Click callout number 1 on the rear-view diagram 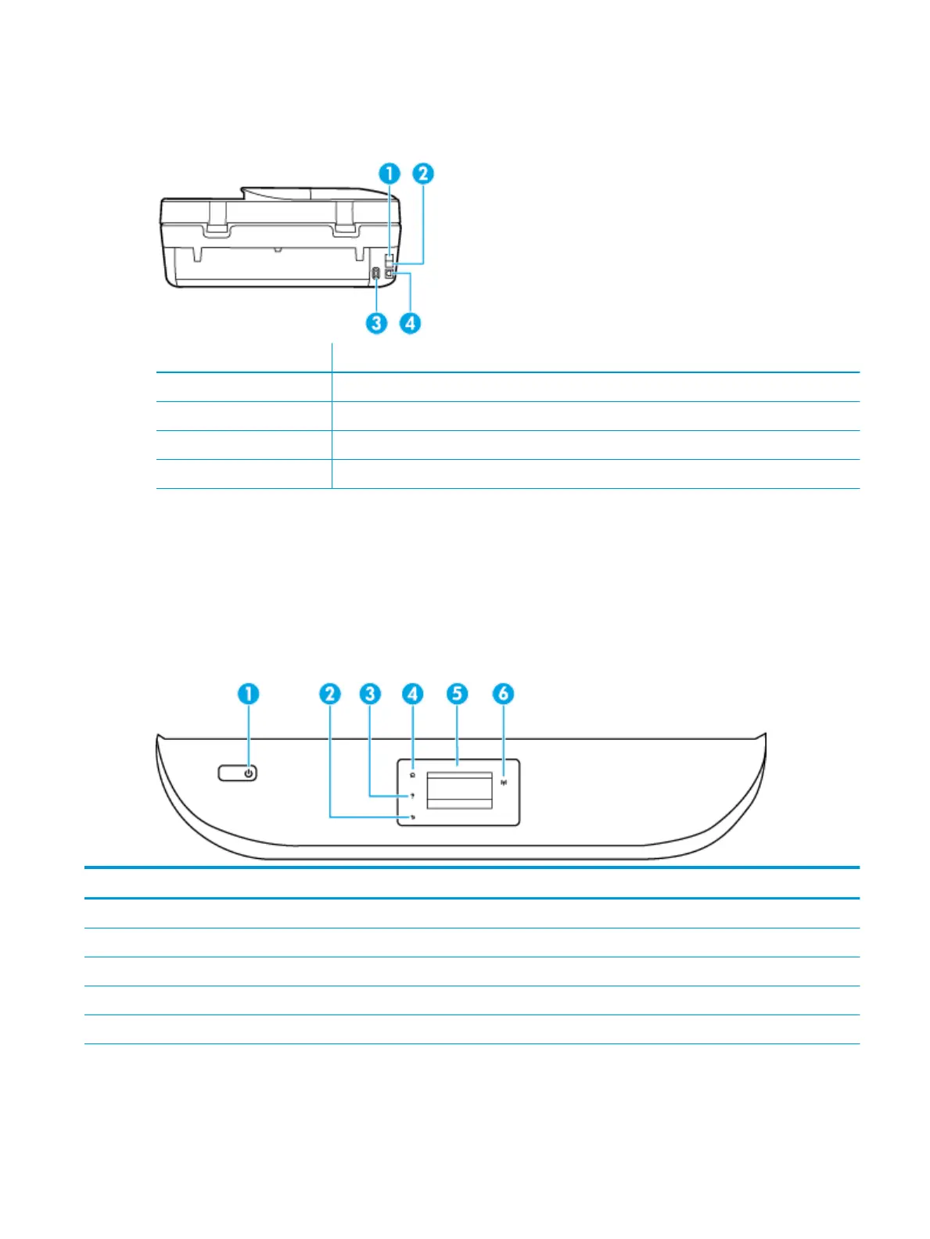click(x=390, y=174)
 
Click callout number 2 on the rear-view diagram click(x=423, y=174)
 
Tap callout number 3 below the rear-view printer click(x=377, y=322)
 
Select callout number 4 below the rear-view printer click(x=410, y=322)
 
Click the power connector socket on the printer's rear click(x=376, y=275)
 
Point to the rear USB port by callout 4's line click(x=390, y=275)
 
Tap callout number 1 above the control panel click(x=249, y=694)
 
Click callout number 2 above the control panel click(x=330, y=694)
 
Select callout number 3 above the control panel click(x=370, y=694)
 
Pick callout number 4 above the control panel click(x=412, y=694)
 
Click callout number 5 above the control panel click(x=458, y=694)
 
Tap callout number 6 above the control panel click(x=504, y=694)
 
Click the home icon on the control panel click(x=412, y=775)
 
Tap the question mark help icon click(x=412, y=796)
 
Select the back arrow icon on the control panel click(x=412, y=817)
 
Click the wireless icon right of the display click(x=504, y=781)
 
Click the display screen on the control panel click(x=459, y=790)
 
